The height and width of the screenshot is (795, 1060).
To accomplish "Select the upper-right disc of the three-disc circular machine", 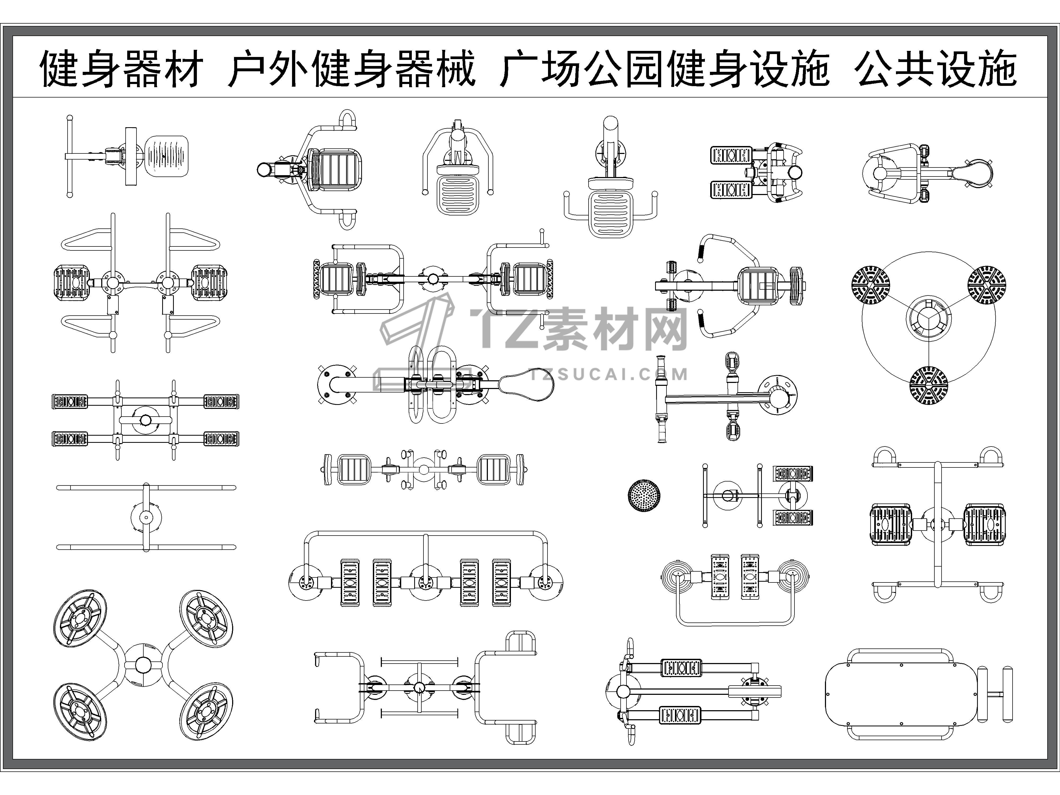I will (x=987, y=285).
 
